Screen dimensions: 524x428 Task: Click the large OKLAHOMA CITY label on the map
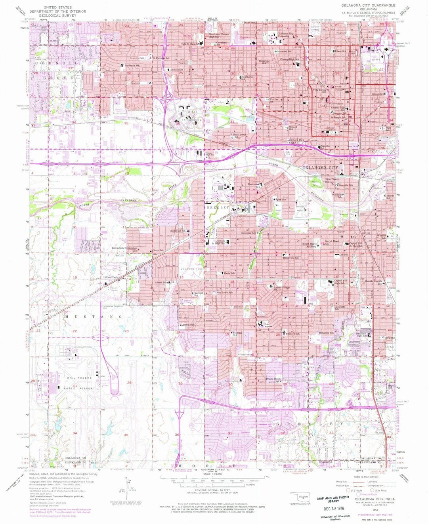320,168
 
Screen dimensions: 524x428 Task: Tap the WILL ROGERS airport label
79,378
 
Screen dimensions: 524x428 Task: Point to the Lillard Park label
111,277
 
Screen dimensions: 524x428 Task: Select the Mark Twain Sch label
240,135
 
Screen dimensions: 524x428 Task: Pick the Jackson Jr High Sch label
220,242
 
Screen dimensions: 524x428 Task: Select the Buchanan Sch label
132,65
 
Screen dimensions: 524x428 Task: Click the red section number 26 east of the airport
129,383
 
